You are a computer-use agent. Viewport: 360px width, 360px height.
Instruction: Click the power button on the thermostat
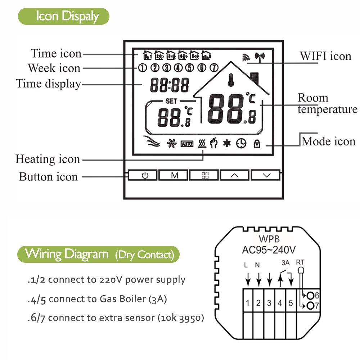tap(144, 175)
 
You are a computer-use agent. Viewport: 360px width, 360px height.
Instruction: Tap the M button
tap(175, 175)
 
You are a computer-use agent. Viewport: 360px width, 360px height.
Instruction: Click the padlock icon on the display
tap(257, 144)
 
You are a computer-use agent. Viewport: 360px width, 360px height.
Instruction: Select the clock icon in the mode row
tap(241, 144)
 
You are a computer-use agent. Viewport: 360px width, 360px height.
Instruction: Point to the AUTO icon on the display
tap(187, 144)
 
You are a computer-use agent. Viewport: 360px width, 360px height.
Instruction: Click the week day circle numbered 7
tap(214, 67)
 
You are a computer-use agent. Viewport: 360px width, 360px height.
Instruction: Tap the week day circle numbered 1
tap(143, 67)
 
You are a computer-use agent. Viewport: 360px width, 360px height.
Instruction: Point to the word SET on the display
tap(171, 102)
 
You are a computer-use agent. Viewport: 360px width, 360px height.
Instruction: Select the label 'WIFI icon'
tap(325, 56)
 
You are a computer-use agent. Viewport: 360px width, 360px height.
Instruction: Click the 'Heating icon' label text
tap(48, 159)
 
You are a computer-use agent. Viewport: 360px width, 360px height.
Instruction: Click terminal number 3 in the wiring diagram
tap(269, 303)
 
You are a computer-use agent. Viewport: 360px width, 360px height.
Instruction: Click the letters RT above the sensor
tap(300, 262)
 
